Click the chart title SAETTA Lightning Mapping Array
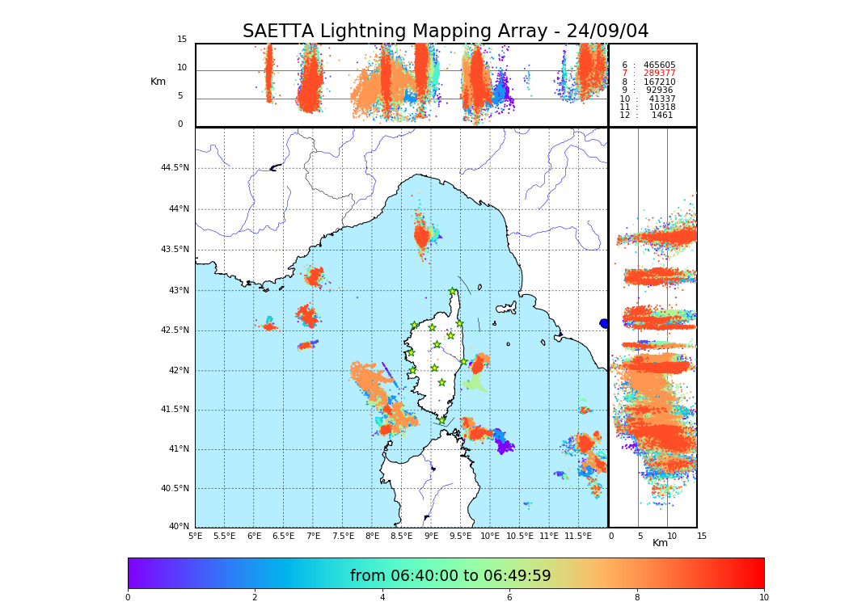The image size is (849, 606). [x=446, y=32]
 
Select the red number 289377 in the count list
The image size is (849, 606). [x=659, y=74]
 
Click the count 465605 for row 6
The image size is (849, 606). [x=659, y=65]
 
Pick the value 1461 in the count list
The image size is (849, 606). [x=661, y=116]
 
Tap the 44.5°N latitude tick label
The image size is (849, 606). [x=174, y=168]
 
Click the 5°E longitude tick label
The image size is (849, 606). [x=195, y=537]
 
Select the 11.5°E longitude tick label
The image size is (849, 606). [x=578, y=537]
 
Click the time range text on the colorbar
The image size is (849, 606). [x=450, y=576]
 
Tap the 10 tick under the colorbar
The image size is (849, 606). [x=763, y=598]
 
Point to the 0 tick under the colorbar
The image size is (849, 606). [x=128, y=598]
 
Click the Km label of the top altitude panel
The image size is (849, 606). [x=158, y=82]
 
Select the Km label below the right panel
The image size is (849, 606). [x=660, y=543]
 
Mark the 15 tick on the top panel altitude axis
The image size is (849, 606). [x=182, y=40]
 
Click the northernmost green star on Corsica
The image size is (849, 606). [x=453, y=292]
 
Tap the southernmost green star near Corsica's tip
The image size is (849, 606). [x=441, y=420]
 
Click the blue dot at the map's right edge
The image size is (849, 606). [x=604, y=324]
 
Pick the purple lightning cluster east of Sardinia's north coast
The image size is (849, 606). [x=505, y=445]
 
